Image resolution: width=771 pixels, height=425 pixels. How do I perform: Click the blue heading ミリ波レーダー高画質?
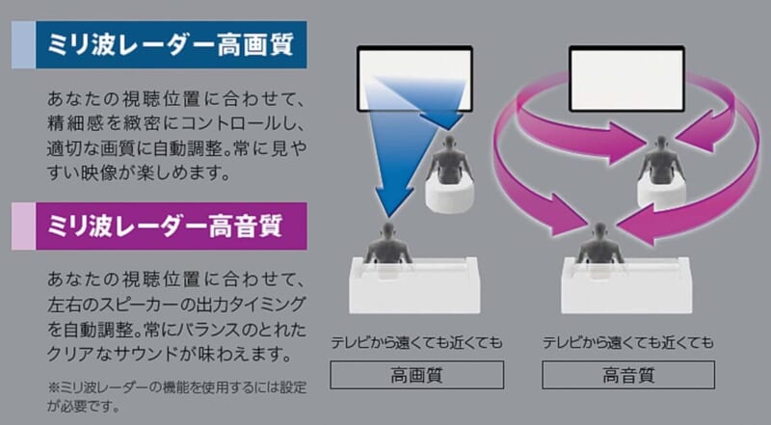click(x=171, y=44)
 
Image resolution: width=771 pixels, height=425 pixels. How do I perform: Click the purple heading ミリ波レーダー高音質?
click(x=165, y=226)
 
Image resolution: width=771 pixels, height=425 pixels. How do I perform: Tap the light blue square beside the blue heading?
click(x=23, y=44)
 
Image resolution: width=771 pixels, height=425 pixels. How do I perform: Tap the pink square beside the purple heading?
click(x=23, y=226)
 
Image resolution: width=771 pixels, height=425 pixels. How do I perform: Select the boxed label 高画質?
click(x=417, y=375)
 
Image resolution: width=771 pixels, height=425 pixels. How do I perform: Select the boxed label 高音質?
click(x=628, y=375)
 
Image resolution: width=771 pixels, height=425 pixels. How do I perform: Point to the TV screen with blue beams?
click(x=414, y=79)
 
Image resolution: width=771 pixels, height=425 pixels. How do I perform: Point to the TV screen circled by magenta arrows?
click(x=626, y=79)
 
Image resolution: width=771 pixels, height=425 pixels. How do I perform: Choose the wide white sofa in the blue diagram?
click(x=414, y=285)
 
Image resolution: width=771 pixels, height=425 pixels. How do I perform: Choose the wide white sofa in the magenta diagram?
click(x=625, y=285)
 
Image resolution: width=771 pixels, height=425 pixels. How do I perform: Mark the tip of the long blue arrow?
click(x=389, y=217)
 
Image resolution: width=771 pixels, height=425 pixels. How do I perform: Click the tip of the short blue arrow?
click(x=448, y=130)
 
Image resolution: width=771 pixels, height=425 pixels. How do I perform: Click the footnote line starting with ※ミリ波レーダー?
click(x=177, y=387)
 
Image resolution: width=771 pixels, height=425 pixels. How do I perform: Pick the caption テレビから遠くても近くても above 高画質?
click(x=417, y=342)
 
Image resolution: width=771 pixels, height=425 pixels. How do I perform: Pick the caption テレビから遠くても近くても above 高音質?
click(x=628, y=342)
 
